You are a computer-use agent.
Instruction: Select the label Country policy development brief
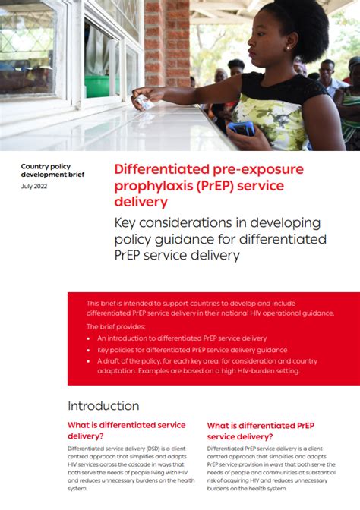pyautogui.click(x=52, y=170)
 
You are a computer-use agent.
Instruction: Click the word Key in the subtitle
pyautogui.click(x=127, y=223)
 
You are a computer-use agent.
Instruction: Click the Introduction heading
pyautogui.click(x=103, y=405)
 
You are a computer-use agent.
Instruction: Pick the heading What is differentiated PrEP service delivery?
pyautogui.click(x=261, y=431)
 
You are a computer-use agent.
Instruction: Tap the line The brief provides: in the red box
pyautogui.click(x=115, y=326)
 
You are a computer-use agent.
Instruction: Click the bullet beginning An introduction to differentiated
pyautogui.click(x=182, y=338)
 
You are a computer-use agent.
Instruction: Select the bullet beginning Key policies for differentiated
pyautogui.click(x=191, y=350)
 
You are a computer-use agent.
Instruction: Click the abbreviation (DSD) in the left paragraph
pyautogui.click(x=155, y=449)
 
